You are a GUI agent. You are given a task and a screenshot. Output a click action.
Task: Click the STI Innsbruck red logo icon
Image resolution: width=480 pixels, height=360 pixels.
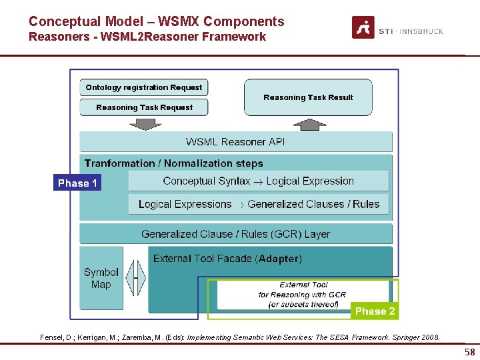(x=363, y=27)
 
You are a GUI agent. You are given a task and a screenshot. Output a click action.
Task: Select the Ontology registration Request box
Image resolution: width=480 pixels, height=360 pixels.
(x=143, y=87)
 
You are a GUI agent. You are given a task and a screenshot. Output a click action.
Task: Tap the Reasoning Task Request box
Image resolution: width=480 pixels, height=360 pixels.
(x=143, y=107)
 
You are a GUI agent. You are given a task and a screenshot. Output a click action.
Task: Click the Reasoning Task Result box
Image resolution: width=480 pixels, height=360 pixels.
(x=308, y=97)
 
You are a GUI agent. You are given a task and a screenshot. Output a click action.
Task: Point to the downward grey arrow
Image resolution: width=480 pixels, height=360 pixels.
(x=145, y=124)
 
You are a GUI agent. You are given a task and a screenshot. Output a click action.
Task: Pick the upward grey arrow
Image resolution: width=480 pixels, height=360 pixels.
(x=310, y=125)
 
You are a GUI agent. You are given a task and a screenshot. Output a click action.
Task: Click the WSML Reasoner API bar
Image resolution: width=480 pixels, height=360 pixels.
(x=236, y=142)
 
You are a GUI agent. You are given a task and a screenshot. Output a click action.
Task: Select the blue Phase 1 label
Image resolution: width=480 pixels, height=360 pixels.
(x=77, y=183)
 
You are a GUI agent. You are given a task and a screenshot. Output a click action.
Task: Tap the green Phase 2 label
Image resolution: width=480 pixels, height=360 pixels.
(x=375, y=311)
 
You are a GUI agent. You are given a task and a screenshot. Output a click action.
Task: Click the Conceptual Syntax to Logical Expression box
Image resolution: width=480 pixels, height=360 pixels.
(x=259, y=181)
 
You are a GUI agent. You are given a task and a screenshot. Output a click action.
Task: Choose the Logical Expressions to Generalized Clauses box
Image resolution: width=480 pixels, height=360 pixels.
(x=259, y=204)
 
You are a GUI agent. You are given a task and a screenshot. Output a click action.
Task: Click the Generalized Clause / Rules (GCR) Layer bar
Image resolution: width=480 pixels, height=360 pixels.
(x=236, y=234)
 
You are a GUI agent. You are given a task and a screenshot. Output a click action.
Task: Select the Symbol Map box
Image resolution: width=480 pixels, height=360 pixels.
(x=101, y=278)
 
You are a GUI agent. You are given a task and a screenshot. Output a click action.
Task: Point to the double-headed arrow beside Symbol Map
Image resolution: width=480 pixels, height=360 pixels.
(x=135, y=278)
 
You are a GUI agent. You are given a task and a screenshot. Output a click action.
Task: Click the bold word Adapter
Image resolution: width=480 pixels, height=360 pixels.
(x=278, y=259)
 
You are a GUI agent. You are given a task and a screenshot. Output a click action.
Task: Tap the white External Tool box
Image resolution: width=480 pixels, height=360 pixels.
(x=303, y=295)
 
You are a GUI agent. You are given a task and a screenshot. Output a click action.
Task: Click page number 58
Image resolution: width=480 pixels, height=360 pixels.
(x=470, y=352)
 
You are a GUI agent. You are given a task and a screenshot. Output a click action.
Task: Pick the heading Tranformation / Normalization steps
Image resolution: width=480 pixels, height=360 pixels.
(x=173, y=163)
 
